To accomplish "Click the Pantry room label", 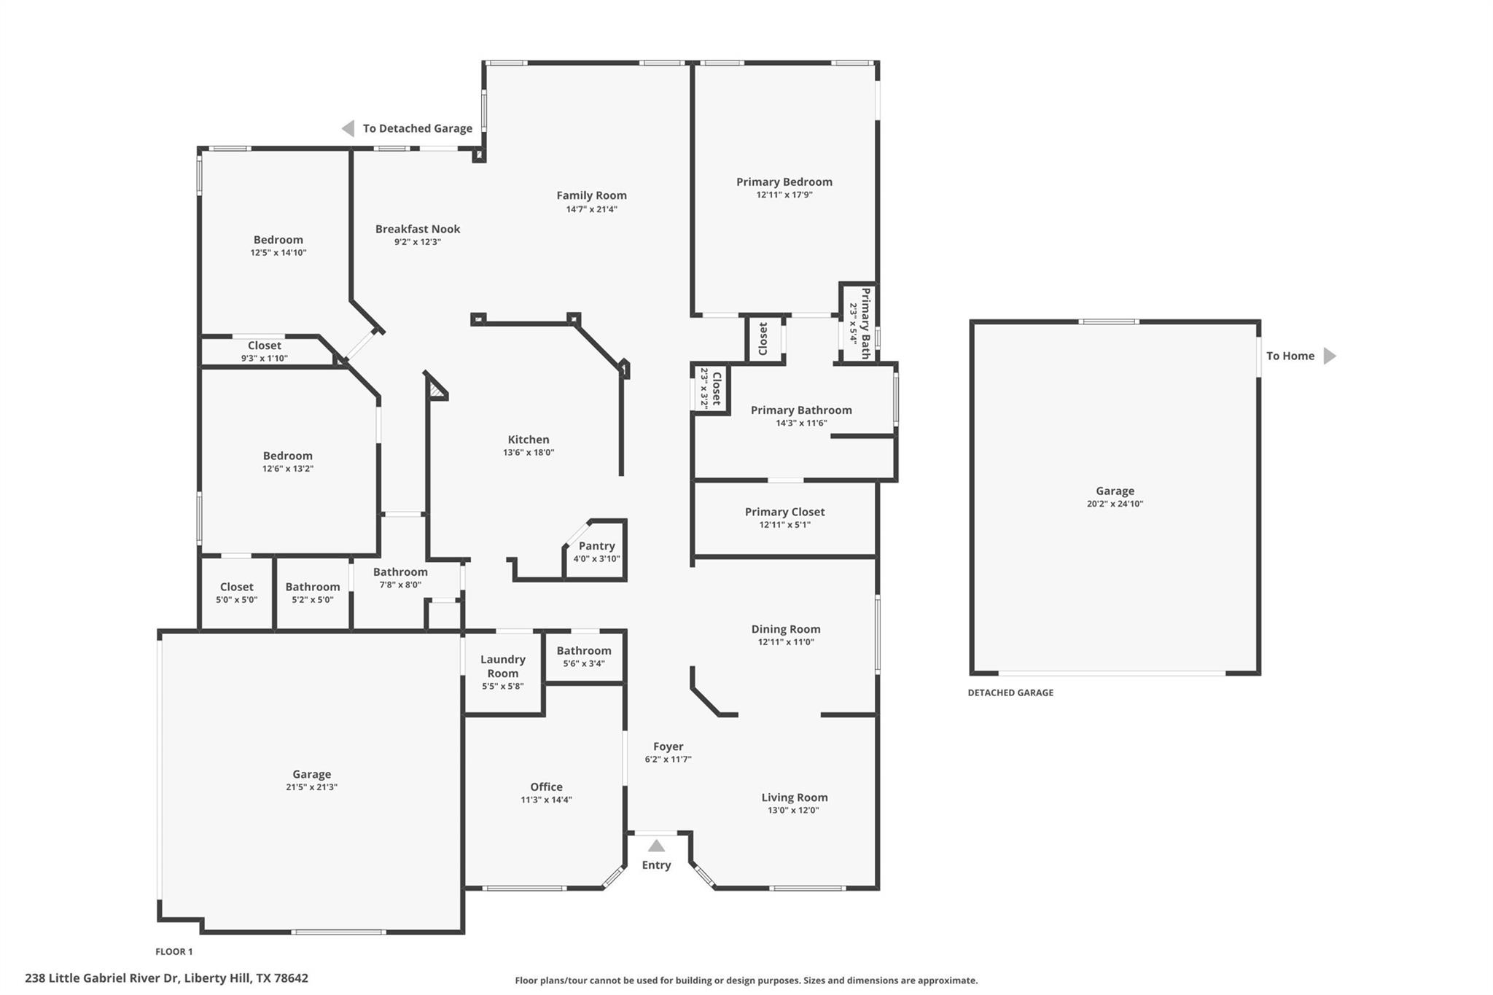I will click(596, 546).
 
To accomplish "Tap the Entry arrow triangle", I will click(656, 846).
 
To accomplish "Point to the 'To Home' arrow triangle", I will click(1329, 356).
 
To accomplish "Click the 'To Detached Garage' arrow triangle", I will click(348, 128).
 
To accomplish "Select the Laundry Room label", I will click(502, 666).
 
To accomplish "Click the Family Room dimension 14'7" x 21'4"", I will click(591, 209).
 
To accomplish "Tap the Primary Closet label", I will click(784, 512).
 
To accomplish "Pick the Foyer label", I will click(668, 746).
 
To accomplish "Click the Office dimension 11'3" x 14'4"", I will click(546, 800).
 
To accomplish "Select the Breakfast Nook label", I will click(418, 229).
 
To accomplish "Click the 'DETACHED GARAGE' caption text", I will click(1010, 692).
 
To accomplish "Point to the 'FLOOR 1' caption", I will click(174, 951).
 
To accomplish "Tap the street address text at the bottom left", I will click(166, 978).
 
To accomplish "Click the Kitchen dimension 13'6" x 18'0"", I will click(529, 452).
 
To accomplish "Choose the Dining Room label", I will click(785, 629).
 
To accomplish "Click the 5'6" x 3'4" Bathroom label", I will click(584, 651).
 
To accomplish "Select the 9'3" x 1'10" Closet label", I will click(264, 346).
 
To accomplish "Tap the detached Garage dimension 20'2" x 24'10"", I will click(1115, 504).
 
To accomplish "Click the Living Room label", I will click(794, 797).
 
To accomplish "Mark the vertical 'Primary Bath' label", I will click(865, 323).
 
